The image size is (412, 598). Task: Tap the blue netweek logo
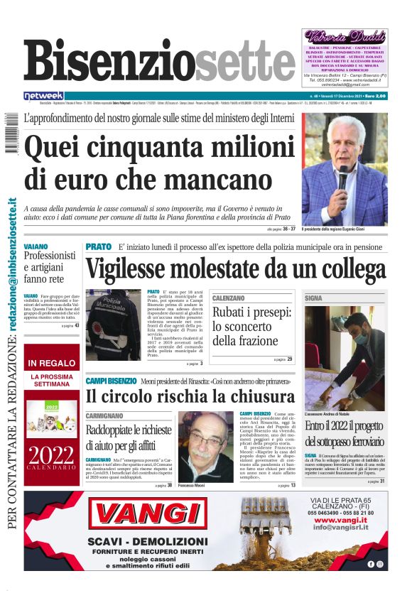pyautogui.click(x=44, y=96)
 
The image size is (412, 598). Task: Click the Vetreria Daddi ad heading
pyautogui.click(x=345, y=36)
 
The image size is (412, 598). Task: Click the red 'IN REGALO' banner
pyautogui.click(x=52, y=363)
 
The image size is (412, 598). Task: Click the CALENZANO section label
pyautogui.click(x=229, y=298)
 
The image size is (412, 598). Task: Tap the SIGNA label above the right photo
pyautogui.click(x=313, y=298)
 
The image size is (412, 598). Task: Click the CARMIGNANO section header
pyautogui.click(x=107, y=413)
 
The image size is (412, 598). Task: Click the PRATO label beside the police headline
pyautogui.click(x=98, y=246)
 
